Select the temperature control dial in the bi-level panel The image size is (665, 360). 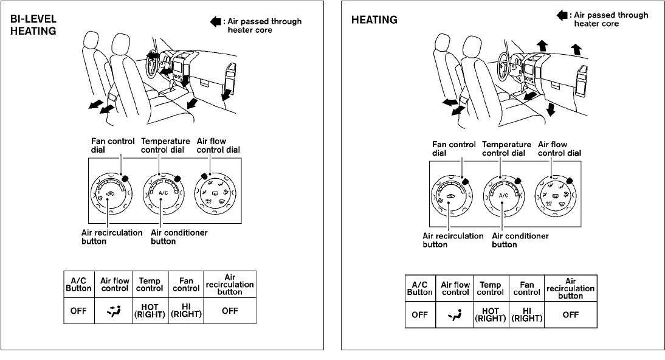(x=162, y=193)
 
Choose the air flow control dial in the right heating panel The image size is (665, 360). (x=555, y=196)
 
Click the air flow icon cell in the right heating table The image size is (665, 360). (x=455, y=314)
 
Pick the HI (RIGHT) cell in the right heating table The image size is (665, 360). (x=526, y=314)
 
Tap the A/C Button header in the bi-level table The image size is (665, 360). (x=78, y=285)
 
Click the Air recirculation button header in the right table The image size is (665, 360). (x=570, y=288)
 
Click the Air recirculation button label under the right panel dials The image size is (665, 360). (x=453, y=240)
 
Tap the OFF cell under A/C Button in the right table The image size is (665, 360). (x=419, y=314)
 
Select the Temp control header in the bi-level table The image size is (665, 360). (x=149, y=285)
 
